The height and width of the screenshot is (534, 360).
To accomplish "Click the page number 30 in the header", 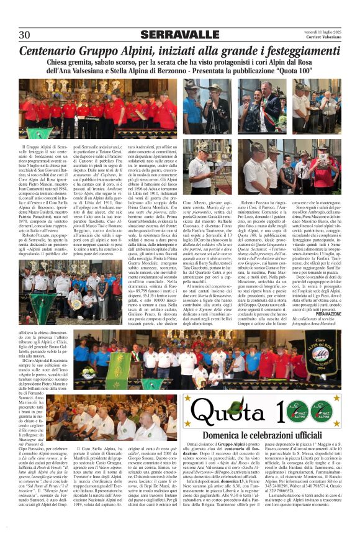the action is pyautogui.click(x=25, y=34).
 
